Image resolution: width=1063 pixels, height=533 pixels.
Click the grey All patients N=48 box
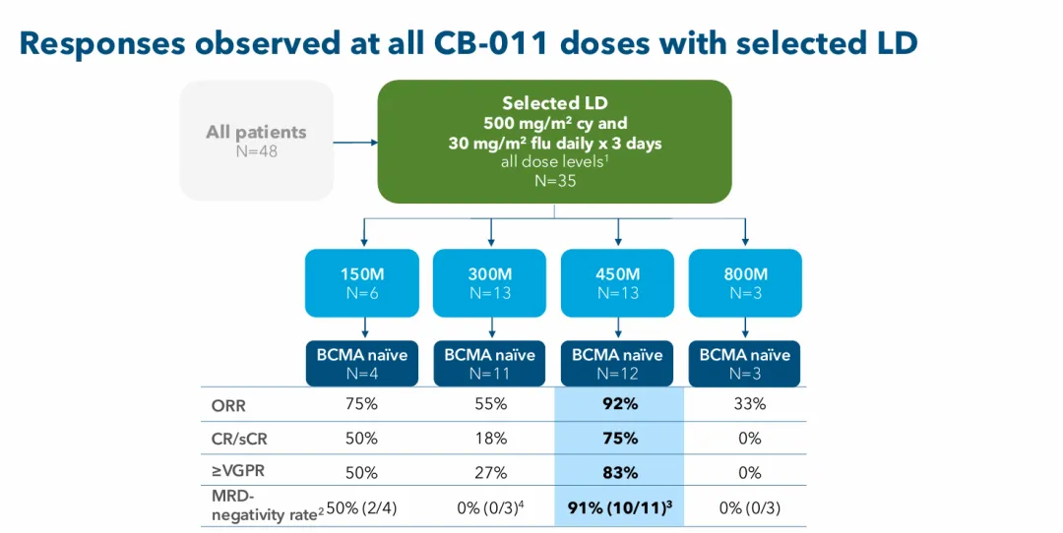(256, 141)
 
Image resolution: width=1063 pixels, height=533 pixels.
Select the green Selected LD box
(555, 142)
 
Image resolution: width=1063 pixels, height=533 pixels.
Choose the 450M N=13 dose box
(618, 282)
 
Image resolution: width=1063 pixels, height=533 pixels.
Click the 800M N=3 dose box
(745, 282)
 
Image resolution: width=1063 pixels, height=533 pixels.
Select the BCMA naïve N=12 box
(618, 363)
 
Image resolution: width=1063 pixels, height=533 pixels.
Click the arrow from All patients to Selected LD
(355, 142)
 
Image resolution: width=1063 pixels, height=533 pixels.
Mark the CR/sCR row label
(239, 438)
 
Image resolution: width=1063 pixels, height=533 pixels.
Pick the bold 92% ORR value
(620, 404)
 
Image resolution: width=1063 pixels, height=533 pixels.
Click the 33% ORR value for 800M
(750, 404)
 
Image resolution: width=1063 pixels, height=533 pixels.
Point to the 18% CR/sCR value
(490, 438)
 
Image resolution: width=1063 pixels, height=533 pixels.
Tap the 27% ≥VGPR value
(490, 472)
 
